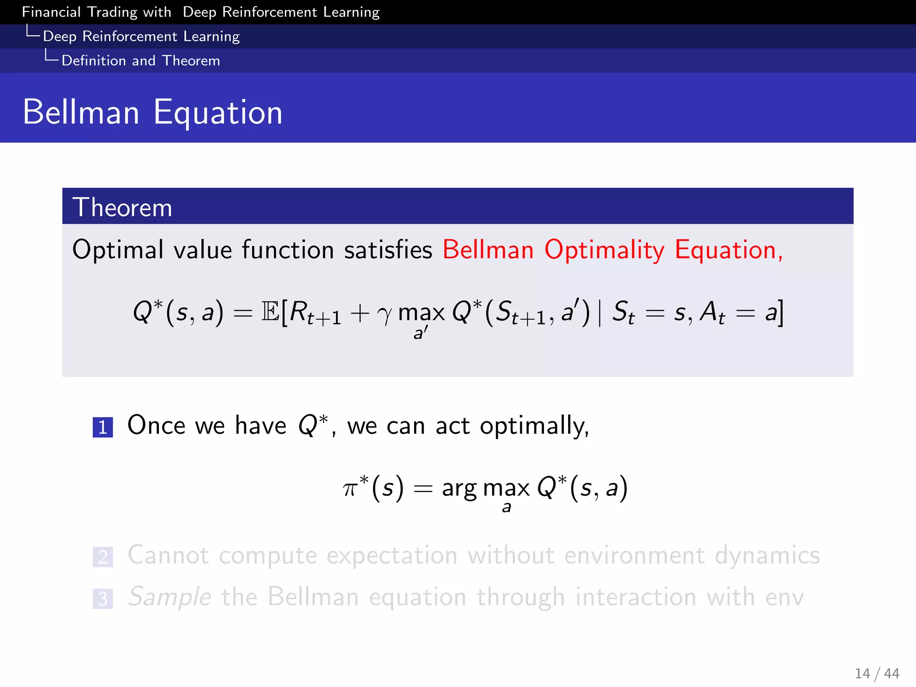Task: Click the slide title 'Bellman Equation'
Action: (152, 112)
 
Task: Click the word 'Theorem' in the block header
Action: (122, 208)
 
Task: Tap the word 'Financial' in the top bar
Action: (51, 12)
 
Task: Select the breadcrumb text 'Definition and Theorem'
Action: (140, 60)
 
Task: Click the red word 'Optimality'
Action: (604, 250)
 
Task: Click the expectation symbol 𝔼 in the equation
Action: (270, 311)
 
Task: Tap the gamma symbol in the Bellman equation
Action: (384, 314)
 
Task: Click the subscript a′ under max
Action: (420, 333)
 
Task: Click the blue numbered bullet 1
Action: (103, 427)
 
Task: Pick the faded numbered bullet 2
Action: (103, 557)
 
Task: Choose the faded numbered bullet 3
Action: (103, 598)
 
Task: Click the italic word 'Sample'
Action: (170, 597)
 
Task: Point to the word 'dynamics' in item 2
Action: (767, 556)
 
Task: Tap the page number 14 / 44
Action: (877, 673)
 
